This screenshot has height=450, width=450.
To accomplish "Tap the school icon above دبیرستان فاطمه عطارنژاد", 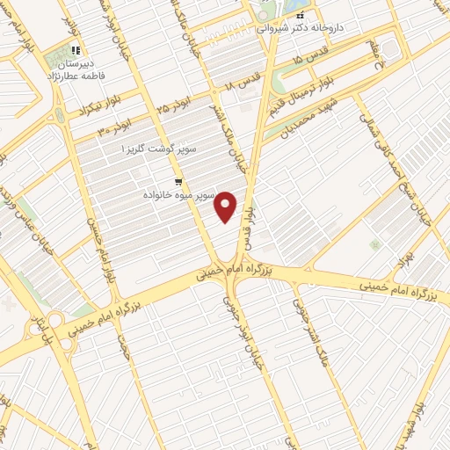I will point(76,51).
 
